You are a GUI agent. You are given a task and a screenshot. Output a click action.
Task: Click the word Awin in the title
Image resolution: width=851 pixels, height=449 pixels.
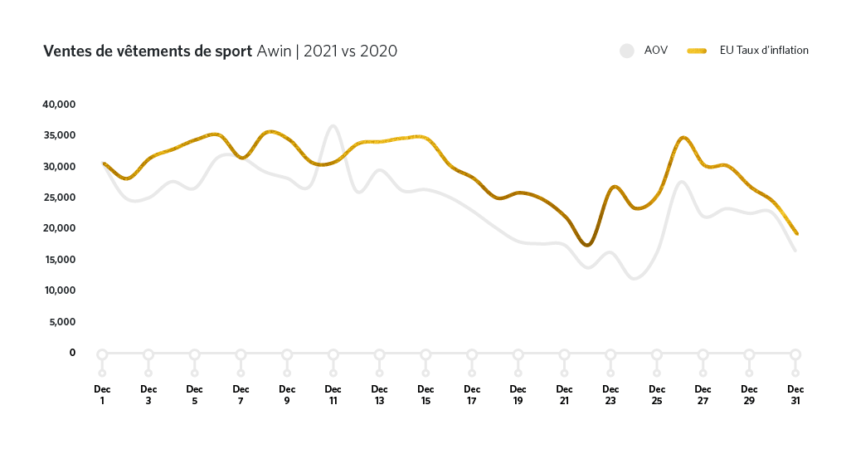[x=274, y=51]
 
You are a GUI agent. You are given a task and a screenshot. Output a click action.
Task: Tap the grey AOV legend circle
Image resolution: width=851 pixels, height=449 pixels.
[x=627, y=51]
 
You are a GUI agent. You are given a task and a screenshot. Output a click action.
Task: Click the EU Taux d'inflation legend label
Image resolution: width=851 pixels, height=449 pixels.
[x=764, y=51]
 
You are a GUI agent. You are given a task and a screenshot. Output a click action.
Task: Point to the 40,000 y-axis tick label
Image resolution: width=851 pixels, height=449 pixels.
[x=59, y=105]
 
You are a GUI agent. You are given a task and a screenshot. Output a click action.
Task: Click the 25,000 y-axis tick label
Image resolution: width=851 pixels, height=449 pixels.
[x=59, y=198]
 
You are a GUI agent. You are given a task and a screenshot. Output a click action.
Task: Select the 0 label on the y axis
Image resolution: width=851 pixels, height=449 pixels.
[x=72, y=353]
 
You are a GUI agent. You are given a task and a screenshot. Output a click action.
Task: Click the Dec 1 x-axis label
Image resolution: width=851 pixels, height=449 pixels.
[x=102, y=393]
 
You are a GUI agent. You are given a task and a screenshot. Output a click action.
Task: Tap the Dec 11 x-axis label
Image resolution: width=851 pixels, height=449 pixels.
[x=333, y=393]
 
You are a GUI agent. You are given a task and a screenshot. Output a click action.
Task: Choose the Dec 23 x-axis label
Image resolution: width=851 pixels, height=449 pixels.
[x=610, y=393]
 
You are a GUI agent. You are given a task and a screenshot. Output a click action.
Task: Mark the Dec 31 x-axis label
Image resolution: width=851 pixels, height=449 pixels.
[x=795, y=393]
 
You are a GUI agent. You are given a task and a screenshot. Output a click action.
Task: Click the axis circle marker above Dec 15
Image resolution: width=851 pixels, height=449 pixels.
[x=425, y=354]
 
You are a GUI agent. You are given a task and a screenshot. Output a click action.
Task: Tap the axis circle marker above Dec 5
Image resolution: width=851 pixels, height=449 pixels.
[x=194, y=354]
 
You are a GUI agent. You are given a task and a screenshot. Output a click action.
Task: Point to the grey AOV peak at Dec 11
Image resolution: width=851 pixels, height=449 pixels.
[x=333, y=126]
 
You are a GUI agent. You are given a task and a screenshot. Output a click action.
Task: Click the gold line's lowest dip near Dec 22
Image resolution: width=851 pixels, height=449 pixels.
[x=587, y=246]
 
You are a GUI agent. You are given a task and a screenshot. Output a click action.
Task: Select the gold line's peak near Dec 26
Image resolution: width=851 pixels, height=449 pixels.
[x=683, y=138]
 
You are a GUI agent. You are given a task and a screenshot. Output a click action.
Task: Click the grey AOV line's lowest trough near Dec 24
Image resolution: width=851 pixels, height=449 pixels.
[x=635, y=278]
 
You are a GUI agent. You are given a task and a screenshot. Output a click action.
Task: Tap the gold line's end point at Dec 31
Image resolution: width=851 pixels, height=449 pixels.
[x=796, y=233]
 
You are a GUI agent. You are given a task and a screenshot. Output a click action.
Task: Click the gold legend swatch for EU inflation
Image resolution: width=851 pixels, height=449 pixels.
[x=697, y=51]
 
